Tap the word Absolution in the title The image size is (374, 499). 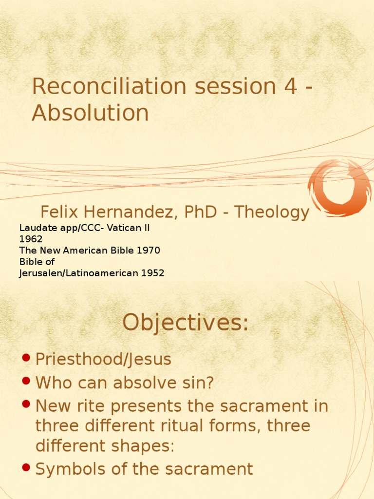coord(90,113)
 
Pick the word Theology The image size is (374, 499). coord(271,212)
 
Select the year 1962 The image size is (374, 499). coord(31,239)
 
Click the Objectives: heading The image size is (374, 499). coord(186,323)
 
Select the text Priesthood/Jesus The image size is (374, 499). coord(103,360)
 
